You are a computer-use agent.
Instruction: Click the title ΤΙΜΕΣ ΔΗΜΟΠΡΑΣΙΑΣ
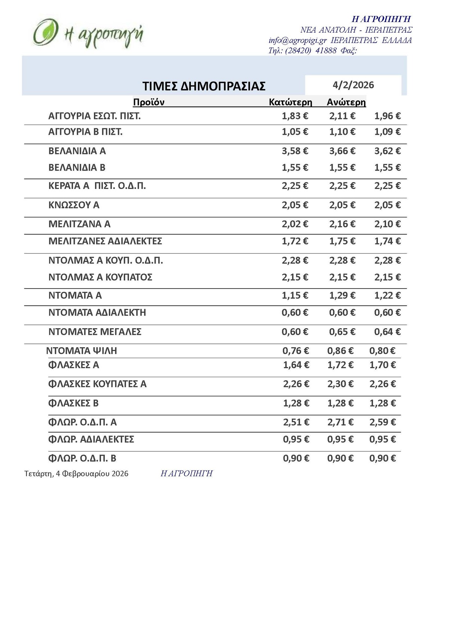pos(204,86)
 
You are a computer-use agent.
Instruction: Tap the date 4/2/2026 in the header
pos(353,85)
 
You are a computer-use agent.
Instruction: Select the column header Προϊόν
pos(149,102)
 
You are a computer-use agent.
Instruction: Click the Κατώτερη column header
pos(290,102)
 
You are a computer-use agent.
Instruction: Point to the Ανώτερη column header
pos(346,102)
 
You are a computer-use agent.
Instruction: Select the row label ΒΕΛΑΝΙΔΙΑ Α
pos(77,151)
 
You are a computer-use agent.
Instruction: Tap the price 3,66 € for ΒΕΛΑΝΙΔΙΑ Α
pos(342,151)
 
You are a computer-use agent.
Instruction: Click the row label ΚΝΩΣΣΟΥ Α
pos(74,205)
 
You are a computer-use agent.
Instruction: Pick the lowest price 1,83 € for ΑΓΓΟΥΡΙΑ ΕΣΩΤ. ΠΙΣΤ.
pos(295,116)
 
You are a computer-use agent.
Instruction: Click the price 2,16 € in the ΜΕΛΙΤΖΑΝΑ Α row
pos(342,224)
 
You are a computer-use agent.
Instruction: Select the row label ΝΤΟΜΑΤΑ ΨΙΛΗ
pos(82,351)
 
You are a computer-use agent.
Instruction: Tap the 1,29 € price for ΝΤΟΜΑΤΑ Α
pos(342,296)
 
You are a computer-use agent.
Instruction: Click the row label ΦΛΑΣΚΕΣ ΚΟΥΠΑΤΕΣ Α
pos(97,384)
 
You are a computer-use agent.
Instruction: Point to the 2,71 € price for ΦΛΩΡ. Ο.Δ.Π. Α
pos(340,422)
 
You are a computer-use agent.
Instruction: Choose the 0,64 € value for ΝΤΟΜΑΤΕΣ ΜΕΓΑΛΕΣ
pos(387,332)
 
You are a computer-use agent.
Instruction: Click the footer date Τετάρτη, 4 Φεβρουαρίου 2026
pos(76,474)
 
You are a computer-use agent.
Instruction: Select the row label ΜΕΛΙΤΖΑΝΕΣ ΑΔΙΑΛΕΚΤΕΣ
pos(105,241)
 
